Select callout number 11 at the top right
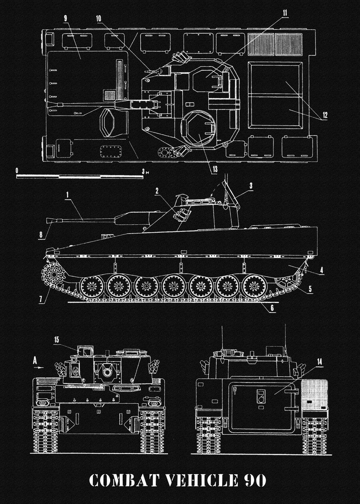(285, 13)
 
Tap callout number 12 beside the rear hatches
(325, 114)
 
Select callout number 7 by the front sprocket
(40, 299)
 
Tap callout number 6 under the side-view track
(272, 308)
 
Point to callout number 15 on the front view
(57, 340)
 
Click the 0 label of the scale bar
(16, 171)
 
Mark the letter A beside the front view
(35, 360)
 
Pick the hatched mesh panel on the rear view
(315, 394)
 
